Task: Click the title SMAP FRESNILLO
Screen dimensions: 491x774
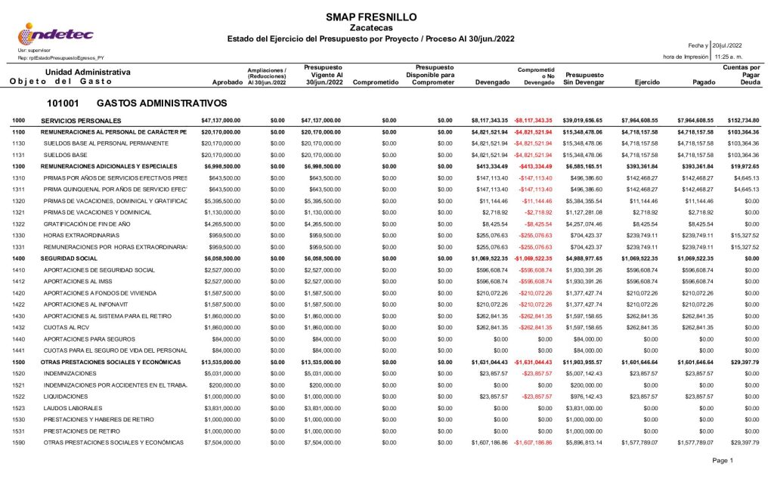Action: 370,17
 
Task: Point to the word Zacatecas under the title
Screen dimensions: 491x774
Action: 370,28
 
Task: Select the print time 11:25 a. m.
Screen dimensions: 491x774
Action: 729,57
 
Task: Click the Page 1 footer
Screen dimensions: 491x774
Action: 723,460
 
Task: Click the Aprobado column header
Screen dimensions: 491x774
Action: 227,82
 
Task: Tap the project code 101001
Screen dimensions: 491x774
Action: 63,103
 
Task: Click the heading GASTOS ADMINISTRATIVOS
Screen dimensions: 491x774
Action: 162,103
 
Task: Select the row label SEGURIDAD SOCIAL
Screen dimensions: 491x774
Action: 70,258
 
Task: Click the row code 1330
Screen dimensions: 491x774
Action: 19,235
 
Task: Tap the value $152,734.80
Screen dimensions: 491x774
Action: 741,121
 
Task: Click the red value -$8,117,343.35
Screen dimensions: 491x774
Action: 534,121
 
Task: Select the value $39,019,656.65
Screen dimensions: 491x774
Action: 583,121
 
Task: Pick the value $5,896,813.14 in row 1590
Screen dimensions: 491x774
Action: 583,442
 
